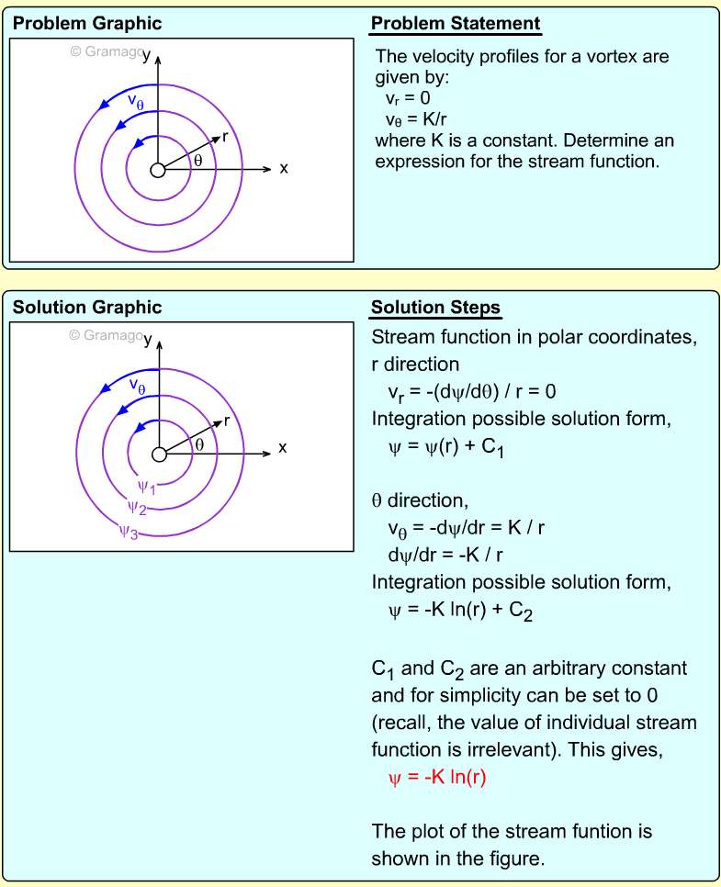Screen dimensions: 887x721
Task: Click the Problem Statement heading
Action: click(456, 24)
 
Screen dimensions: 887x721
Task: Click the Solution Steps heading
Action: click(435, 308)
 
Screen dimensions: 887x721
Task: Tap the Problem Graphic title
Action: click(87, 24)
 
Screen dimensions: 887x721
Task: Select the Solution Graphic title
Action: click(87, 308)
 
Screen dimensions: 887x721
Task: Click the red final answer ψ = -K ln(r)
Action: click(437, 779)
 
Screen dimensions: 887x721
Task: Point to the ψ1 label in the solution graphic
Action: click(146, 487)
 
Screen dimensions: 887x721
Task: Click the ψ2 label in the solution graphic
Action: click(137, 507)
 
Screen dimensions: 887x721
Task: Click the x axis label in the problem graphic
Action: click(284, 168)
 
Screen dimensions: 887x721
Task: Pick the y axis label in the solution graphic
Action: click(148, 339)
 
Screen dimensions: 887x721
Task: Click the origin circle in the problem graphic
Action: click(158, 170)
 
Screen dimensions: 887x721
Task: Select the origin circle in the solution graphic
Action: click(158, 454)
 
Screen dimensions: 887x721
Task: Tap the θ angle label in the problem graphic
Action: click(197, 161)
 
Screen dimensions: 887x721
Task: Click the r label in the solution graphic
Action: click(225, 421)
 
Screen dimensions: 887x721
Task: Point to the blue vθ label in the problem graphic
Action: click(136, 102)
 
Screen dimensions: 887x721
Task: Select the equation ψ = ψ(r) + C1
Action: click(447, 449)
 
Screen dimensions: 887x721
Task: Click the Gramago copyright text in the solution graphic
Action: click(107, 335)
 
